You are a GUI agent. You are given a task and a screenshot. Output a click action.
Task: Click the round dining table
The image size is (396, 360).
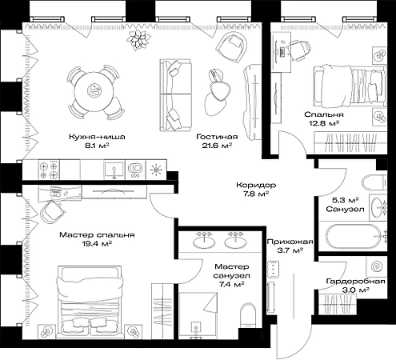94,91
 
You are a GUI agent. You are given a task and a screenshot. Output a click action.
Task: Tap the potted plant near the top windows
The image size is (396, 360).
138,40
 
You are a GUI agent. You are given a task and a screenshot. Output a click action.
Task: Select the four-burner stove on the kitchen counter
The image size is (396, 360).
49,170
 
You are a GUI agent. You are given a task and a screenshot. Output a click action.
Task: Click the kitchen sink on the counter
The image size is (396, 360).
114,170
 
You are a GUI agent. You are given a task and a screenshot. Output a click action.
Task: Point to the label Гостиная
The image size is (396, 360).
217,137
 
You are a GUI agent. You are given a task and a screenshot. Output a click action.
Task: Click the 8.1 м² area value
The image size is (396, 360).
97,146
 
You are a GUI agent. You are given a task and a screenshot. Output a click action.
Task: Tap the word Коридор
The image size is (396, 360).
256,185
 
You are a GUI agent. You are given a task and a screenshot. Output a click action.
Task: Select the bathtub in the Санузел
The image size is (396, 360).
354,237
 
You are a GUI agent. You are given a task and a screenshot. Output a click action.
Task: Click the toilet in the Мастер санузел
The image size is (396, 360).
248,315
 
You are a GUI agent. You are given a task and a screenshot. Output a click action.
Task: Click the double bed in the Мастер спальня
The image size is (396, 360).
90,302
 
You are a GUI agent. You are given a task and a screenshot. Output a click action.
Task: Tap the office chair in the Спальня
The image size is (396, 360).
299,50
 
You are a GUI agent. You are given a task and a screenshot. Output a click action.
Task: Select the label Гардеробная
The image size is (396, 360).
355,282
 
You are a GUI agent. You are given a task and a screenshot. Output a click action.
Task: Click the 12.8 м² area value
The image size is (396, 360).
324,123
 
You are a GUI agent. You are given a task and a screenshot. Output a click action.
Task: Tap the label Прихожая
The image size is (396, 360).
290,242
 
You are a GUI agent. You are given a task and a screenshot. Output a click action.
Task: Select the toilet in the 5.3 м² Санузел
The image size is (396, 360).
374,183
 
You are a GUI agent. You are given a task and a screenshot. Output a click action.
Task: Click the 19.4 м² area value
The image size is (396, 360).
97,244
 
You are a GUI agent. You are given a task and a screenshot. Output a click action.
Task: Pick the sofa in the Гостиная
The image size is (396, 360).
175,95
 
